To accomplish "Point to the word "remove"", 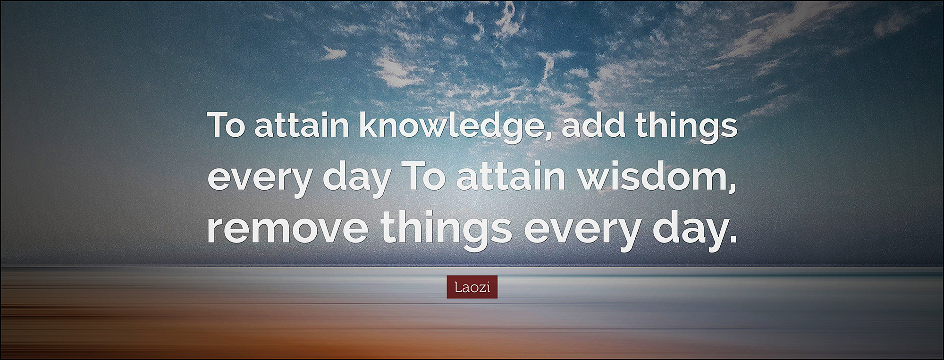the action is pos(287,228).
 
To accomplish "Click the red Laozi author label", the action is pos(472,287).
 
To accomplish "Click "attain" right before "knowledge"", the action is pos(302,125).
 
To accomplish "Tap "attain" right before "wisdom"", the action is pos(511,176).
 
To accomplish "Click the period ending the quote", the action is pos(733,239).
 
